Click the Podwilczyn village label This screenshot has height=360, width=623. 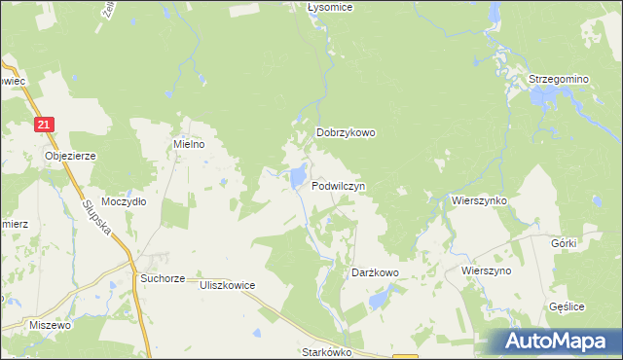pyautogui.click(x=338, y=185)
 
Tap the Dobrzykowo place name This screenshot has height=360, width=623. pyautogui.click(x=346, y=134)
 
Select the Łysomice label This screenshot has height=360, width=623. pyautogui.click(x=329, y=7)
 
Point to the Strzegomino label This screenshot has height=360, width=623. pyautogui.click(x=559, y=78)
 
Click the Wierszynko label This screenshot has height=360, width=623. pyautogui.click(x=479, y=198)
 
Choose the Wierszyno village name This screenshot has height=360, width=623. pyautogui.click(x=487, y=270)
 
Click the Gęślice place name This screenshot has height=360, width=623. pyautogui.click(x=566, y=306)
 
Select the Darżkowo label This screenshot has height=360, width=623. pyautogui.click(x=375, y=273)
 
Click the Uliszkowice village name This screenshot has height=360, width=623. pyautogui.click(x=227, y=285)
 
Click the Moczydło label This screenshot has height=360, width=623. pyautogui.click(x=124, y=201)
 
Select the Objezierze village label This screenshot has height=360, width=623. pyautogui.click(x=69, y=155)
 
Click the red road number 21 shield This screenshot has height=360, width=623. pyautogui.click(x=45, y=125)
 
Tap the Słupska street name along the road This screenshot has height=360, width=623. pyautogui.click(x=97, y=221)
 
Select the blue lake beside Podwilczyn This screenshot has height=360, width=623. pyautogui.click(x=294, y=177)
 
